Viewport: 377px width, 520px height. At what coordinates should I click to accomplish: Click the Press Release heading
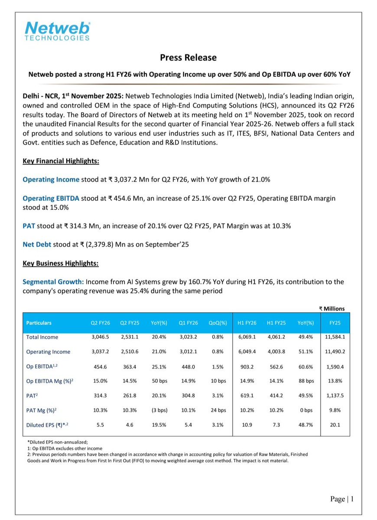click(x=188, y=57)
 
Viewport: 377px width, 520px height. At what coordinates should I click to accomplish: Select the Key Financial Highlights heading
click(x=61, y=161)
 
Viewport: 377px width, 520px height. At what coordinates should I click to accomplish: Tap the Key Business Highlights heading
click(x=60, y=263)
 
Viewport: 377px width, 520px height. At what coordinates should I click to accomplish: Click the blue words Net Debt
click(x=37, y=245)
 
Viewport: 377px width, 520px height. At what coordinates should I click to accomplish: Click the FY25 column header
click(x=335, y=323)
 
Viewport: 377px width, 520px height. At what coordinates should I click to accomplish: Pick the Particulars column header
click(x=39, y=323)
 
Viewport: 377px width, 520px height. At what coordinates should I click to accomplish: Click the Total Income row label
click(x=42, y=337)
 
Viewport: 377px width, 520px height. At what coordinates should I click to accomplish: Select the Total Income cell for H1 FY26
click(x=247, y=337)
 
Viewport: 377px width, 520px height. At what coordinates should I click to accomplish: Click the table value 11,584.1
click(x=335, y=337)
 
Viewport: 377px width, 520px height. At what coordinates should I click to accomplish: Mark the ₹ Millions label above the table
click(x=332, y=308)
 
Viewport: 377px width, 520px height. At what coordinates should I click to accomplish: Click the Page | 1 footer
click(x=342, y=499)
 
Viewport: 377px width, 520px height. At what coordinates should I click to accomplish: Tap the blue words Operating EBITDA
click(x=51, y=198)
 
